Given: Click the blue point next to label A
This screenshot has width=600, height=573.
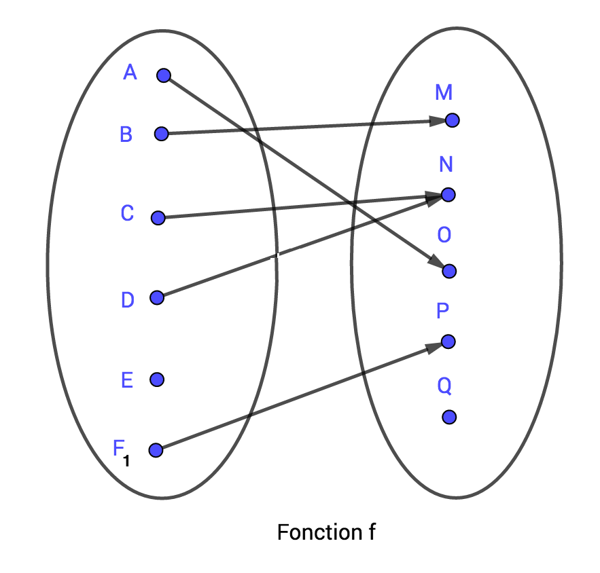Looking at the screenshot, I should click(163, 75).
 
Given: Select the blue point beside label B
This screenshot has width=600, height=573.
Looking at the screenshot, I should click(161, 134).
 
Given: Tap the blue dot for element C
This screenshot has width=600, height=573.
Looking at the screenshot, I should click(158, 218).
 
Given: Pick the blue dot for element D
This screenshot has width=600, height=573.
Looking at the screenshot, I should click(157, 297).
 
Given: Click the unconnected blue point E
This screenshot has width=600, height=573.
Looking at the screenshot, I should click(157, 380).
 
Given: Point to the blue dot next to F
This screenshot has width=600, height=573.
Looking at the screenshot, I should click(156, 449).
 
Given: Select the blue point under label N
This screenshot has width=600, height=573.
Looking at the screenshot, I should click(448, 195).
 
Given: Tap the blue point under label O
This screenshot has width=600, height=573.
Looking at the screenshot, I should click(448, 271).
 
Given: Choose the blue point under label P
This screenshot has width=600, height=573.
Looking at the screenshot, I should click(448, 341).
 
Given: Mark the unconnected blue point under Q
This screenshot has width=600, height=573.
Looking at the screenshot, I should click(448, 417).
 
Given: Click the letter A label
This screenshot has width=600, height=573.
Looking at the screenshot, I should click(130, 72).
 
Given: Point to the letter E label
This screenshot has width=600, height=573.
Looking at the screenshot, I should click(126, 380).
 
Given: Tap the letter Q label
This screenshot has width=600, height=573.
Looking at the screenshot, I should click(444, 386).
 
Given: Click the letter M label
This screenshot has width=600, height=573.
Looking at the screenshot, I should click(444, 92).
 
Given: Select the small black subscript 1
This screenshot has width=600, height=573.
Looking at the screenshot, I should click(126, 462).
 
